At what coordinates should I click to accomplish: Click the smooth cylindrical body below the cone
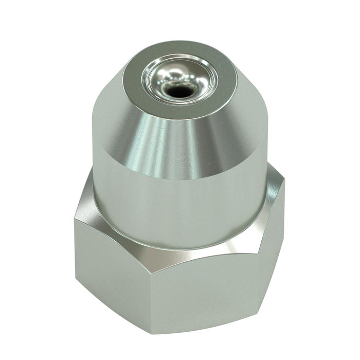coord(175,206)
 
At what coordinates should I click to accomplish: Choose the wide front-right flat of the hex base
coord(216,288)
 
